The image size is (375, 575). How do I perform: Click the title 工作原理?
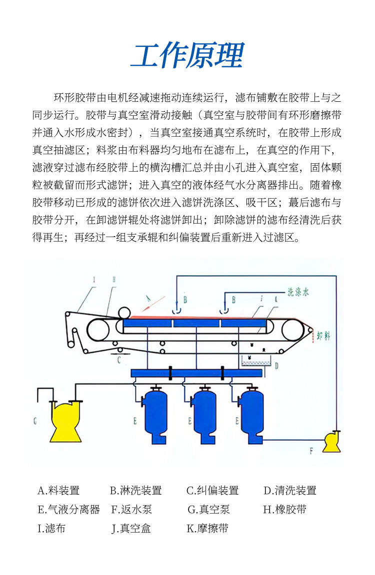(x=187, y=55)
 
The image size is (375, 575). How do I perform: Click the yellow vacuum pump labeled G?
(x=65, y=421)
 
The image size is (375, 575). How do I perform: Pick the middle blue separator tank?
(x=203, y=409)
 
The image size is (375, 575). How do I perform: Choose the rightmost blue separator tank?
(x=251, y=409)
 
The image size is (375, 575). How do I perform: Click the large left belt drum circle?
(x=98, y=330)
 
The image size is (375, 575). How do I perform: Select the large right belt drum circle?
(x=293, y=330)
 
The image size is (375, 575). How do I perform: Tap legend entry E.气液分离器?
(x=68, y=510)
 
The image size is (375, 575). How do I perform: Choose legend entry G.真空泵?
(x=208, y=510)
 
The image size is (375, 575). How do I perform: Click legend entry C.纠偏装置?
(x=212, y=491)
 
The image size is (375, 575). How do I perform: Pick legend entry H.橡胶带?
(x=284, y=510)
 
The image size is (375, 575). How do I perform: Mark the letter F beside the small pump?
(x=311, y=451)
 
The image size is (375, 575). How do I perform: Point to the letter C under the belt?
(x=118, y=359)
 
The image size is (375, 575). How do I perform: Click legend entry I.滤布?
(x=51, y=528)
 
